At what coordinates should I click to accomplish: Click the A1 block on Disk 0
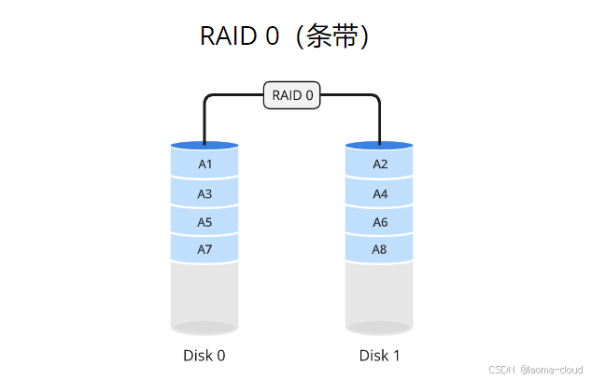[x=204, y=164]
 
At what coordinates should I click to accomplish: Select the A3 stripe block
[x=204, y=194]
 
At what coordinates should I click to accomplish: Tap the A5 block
[x=204, y=222]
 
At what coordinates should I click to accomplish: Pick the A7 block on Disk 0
[x=204, y=250]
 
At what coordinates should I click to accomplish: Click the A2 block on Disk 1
[x=380, y=164]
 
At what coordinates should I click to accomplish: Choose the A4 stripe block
[x=380, y=194]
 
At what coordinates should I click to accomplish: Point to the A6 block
[x=380, y=222]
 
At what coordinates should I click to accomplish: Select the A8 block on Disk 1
[x=380, y=250]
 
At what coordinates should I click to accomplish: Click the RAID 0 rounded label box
[x=292, y=95]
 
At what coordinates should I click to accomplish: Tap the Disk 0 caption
[x=204, y=356]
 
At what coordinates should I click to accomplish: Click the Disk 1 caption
[x=380, y=356]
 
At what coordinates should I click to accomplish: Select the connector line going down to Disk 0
[x=204, y=121]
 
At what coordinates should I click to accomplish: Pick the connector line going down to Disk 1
[x=380, y=121]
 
